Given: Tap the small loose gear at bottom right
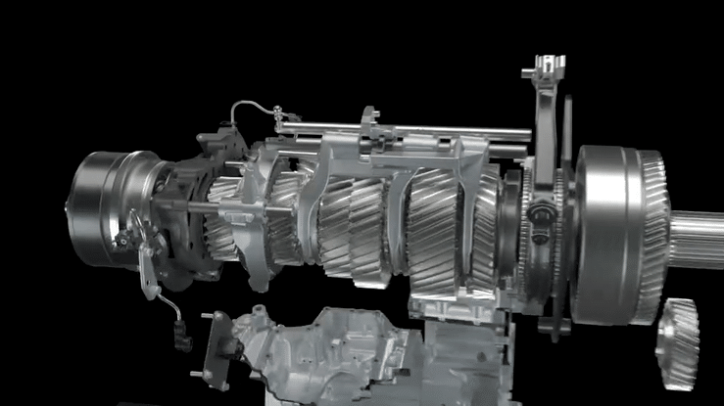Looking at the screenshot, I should coord(678,343).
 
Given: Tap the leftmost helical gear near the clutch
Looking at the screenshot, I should coord(223,220).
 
